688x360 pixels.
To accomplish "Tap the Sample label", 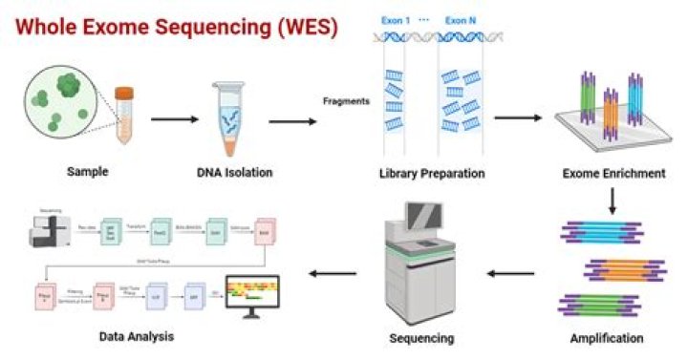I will [88, 173].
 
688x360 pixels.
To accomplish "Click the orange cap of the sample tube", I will [123, 93].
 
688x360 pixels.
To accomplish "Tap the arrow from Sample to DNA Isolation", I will [174, 120].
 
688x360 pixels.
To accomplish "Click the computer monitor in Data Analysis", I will [251, 294].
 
